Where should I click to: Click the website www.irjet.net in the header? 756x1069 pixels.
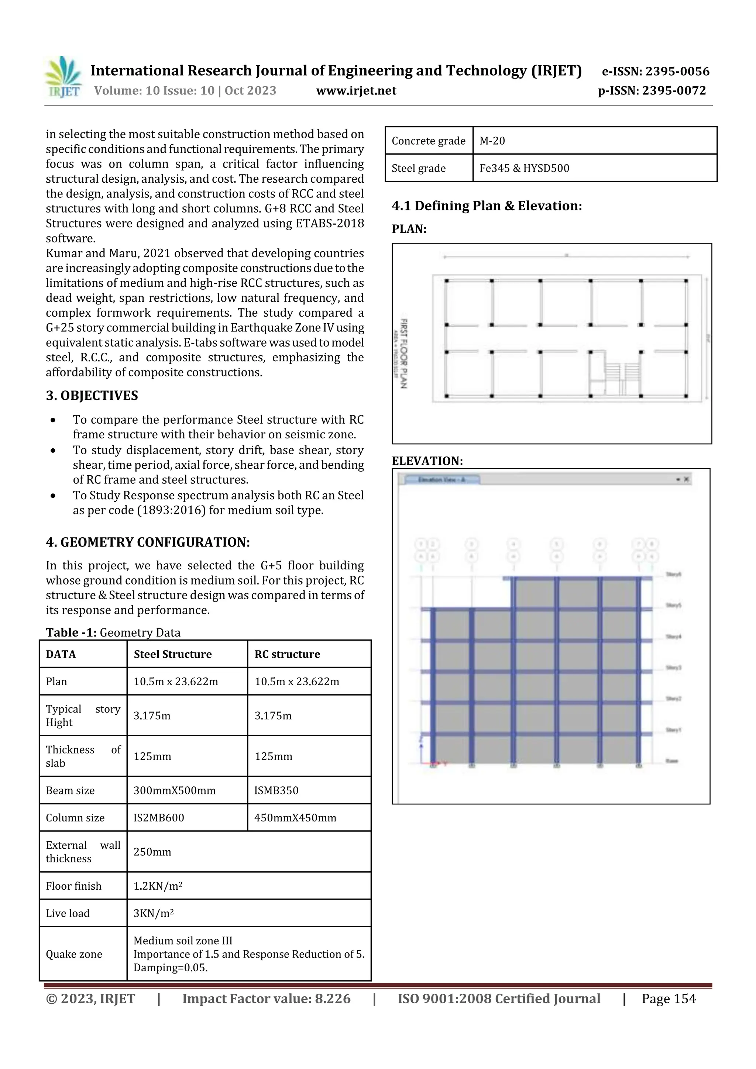pyautogui.click(x=356, y=91)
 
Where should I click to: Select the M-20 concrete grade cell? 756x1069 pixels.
pyautogui.click(x=492, y=141)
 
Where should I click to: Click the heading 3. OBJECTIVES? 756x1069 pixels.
pyautogui.click(x=92, y=395)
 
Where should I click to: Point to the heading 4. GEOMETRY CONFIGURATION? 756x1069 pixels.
pyautogui.click(x=148, y=542)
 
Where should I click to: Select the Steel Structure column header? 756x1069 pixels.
pyautogui.click(x=172, y=654)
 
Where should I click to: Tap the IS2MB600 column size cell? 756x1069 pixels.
pyautogui.click(x=159, y=818)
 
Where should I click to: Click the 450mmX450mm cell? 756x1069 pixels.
pyautogui.click(x=295, y=818)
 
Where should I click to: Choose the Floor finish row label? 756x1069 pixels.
pyautogui.click(x=73, y=886)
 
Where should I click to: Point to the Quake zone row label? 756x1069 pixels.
pyautogui.click(x=73, y=954)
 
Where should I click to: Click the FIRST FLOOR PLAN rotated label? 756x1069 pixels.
pyautogui.click(x=404, y=354)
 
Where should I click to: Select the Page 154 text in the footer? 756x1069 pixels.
pyautogui.click(x=669, y=999)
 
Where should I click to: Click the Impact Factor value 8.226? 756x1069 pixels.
pyautogui.click(x=266, y=999)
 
